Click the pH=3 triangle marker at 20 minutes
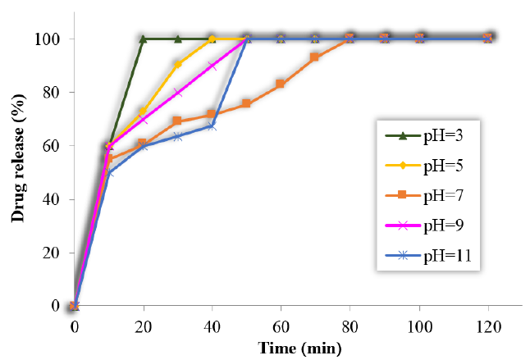143,39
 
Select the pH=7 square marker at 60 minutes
281,84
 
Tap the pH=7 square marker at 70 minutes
315,57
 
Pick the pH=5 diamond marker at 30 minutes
177,63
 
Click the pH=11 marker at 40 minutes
212,125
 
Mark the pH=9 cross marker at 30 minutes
177,93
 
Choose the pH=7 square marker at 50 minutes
246,103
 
